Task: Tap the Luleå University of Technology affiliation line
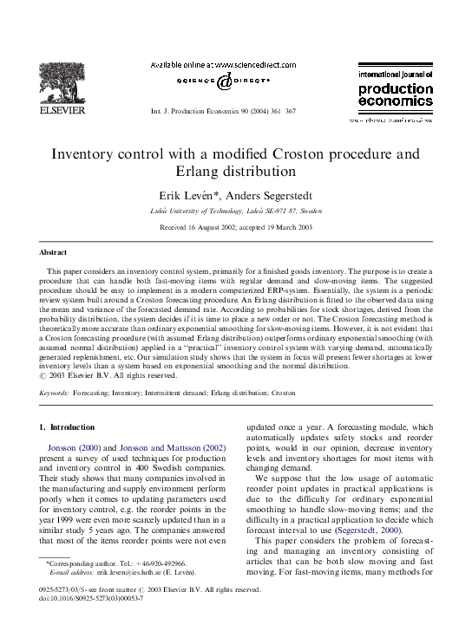point(235,211)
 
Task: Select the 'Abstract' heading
point(54,253)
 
